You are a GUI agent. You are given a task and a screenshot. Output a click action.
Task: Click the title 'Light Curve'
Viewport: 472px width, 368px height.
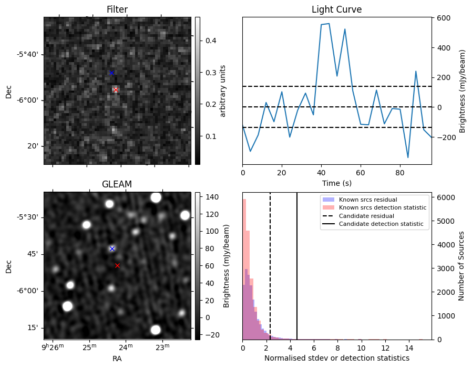(x=336, y=9)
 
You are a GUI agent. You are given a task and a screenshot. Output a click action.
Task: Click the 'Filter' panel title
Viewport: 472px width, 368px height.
(x=117, y=9)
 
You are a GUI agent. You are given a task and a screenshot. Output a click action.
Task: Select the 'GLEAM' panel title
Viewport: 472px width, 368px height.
(x=117, y=184)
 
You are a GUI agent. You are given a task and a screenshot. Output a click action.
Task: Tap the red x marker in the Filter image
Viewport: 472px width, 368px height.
(x=116, y=89)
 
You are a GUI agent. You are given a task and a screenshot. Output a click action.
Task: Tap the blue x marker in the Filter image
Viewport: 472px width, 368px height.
(x=111, y=73)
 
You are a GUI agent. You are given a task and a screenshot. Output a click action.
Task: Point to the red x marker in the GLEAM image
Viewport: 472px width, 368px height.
(x=117, y=265)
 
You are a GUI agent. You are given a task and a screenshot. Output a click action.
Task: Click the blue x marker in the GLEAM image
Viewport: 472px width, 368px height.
(x=112, y=248)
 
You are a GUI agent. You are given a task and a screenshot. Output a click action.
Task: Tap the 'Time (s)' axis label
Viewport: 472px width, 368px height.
(x=336, y=183)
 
